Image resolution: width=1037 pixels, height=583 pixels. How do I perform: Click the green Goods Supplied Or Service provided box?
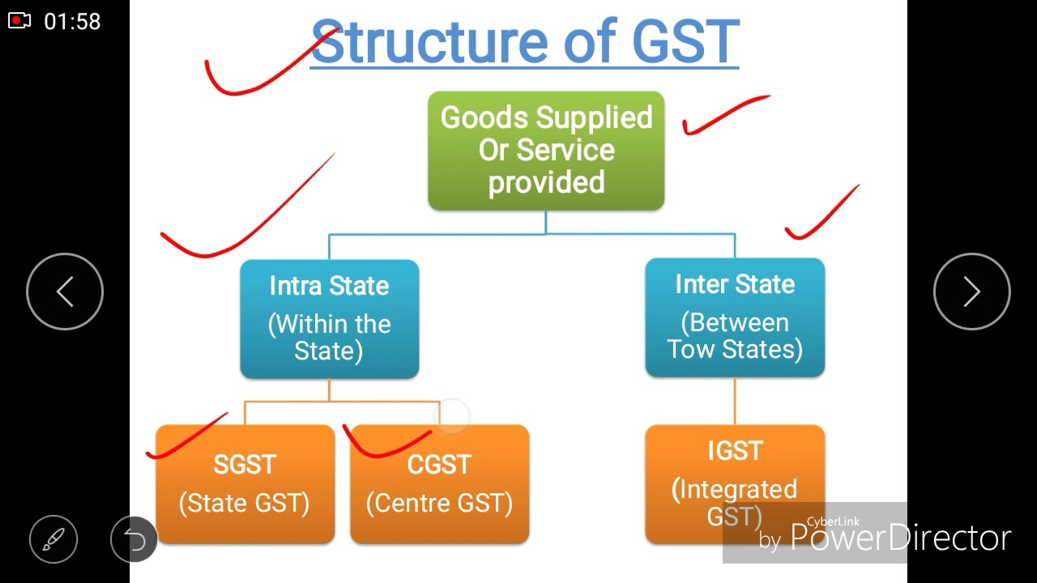pos(545,151)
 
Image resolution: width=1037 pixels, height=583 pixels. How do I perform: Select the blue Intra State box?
pos(329,319)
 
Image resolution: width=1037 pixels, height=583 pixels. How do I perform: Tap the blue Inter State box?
pos(735,317)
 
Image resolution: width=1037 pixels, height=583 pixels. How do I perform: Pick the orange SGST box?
pos(245,483)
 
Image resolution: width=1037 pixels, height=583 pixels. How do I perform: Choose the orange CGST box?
pos(439,483)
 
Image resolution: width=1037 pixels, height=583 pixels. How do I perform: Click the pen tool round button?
pos(53,539)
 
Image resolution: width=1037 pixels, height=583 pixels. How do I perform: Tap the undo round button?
pos(134,539)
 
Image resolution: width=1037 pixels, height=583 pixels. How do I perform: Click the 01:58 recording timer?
pos(72,21)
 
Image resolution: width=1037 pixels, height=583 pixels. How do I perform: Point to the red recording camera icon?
pos(19,20)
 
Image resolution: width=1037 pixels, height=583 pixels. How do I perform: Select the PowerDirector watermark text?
pos(900,538)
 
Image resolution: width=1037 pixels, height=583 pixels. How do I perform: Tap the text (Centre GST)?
pos(439,503)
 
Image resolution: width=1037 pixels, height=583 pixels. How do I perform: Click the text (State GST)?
pos(244,503)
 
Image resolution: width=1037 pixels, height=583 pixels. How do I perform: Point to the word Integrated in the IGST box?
pos(738,490)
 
